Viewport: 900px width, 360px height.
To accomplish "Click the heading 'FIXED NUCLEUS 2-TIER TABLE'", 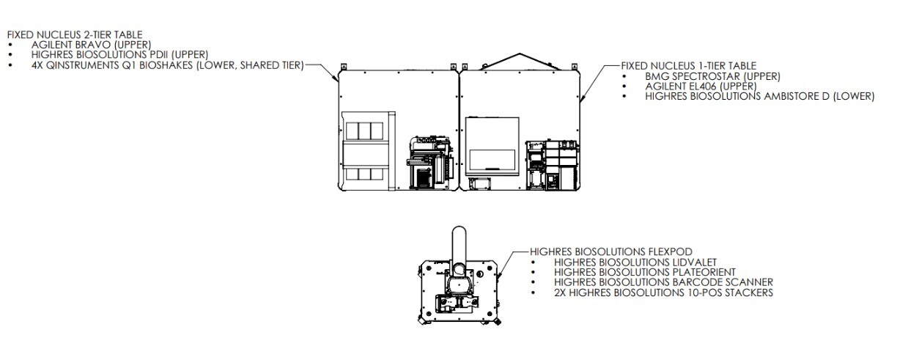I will tap(74, 34).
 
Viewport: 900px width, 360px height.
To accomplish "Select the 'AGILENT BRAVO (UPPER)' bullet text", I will tap(91, 44).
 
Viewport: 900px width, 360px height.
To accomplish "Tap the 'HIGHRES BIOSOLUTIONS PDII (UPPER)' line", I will tap(119, 54).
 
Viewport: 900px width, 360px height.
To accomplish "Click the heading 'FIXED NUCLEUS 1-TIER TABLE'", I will tap(689, 66).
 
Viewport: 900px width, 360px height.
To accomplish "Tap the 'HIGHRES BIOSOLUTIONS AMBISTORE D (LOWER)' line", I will tap(759, 96).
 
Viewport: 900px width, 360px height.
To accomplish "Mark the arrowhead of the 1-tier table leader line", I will tap(580, 98).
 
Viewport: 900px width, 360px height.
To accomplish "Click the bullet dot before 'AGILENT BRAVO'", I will tap(10, 45).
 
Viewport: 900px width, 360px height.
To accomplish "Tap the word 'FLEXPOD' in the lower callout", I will tap(672, 251).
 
